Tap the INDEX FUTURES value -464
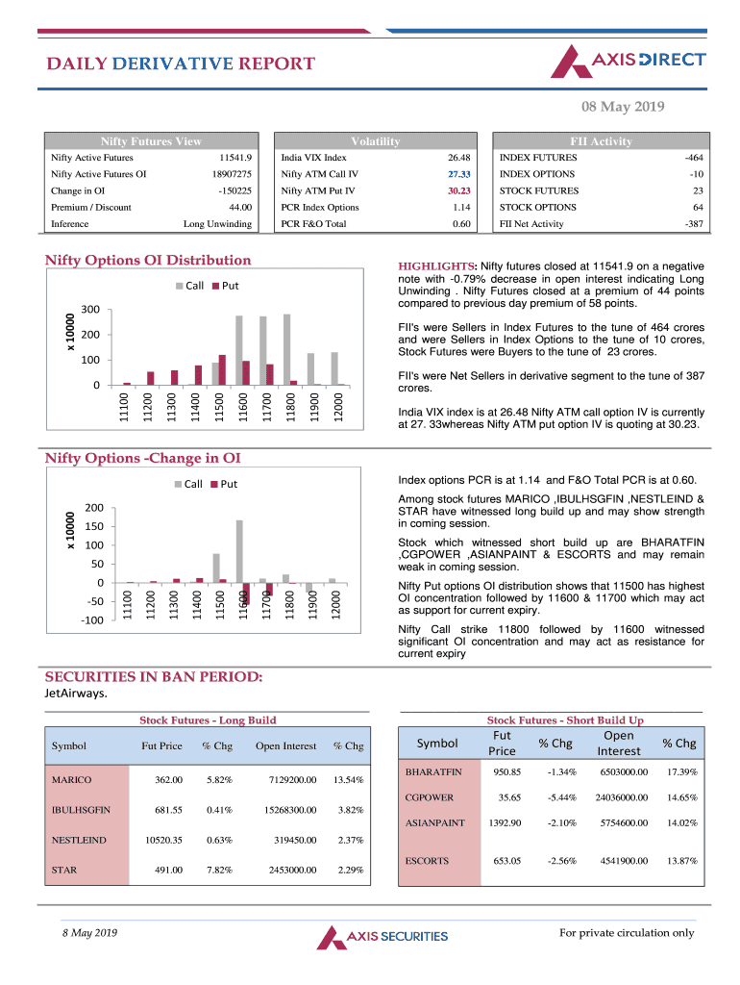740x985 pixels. click(x=692, y=158)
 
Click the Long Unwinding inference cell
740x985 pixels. click(x=218, y=224)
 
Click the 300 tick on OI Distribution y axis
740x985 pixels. click(x=91, y=310)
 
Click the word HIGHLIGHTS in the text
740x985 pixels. click(x=436, y=267)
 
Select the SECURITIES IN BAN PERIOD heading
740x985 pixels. click(x=154, y=676)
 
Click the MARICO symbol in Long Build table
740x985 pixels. click(x=72, y=780)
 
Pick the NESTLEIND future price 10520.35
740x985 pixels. click(x=162, y=840)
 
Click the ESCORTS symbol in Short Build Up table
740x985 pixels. click(x=428, y=861)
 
